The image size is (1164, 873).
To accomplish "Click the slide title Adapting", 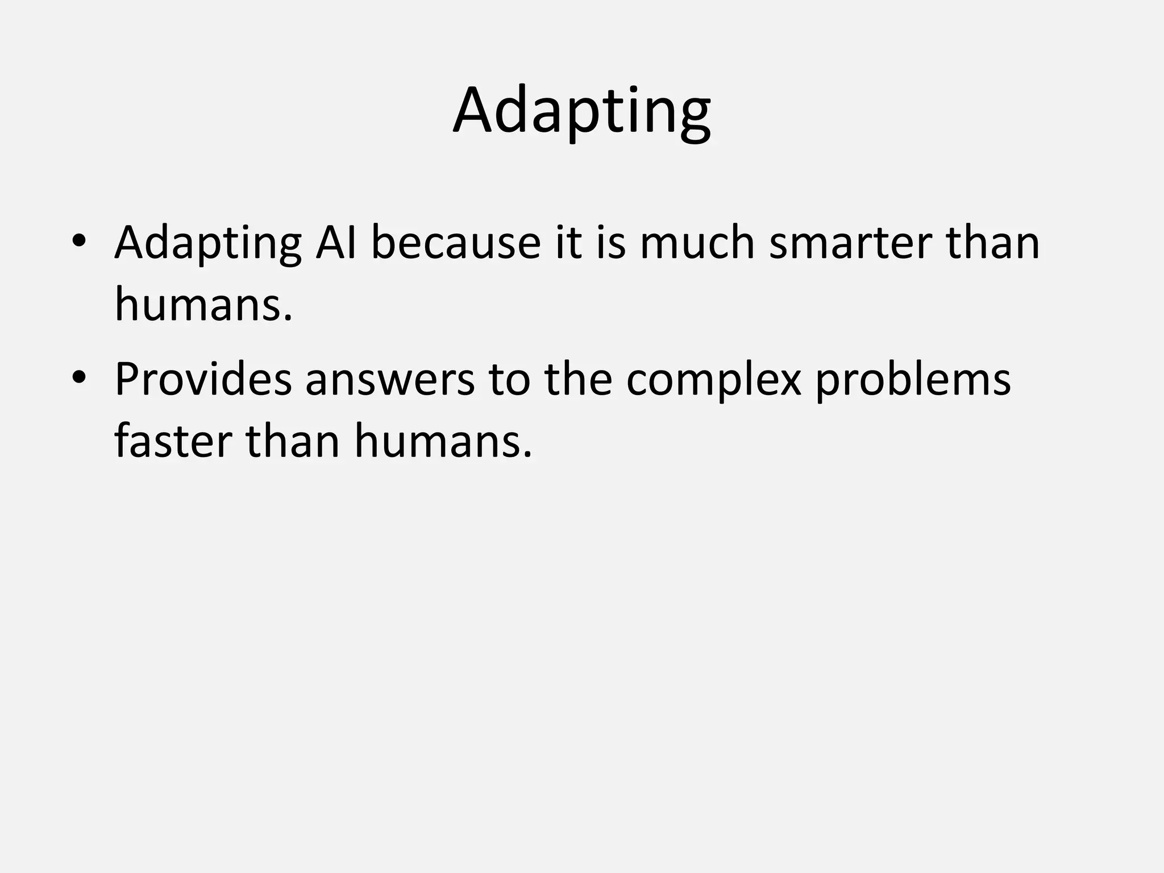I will pyautogui.click(x=581, y=111).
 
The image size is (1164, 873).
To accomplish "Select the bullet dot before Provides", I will pyautogui.click(x=78, y=378).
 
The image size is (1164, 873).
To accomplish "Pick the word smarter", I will pyautogui.click(x=850, y=243).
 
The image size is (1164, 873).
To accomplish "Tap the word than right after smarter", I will pyautogui.click(x=992, y=242).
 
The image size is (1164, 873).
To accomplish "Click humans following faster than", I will pyautogui.click(x=443, y=442).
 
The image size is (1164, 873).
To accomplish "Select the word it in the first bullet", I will pyautogui.click(x=569, y=242).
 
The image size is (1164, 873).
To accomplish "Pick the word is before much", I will pyautogui.click(x=612, y=242).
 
